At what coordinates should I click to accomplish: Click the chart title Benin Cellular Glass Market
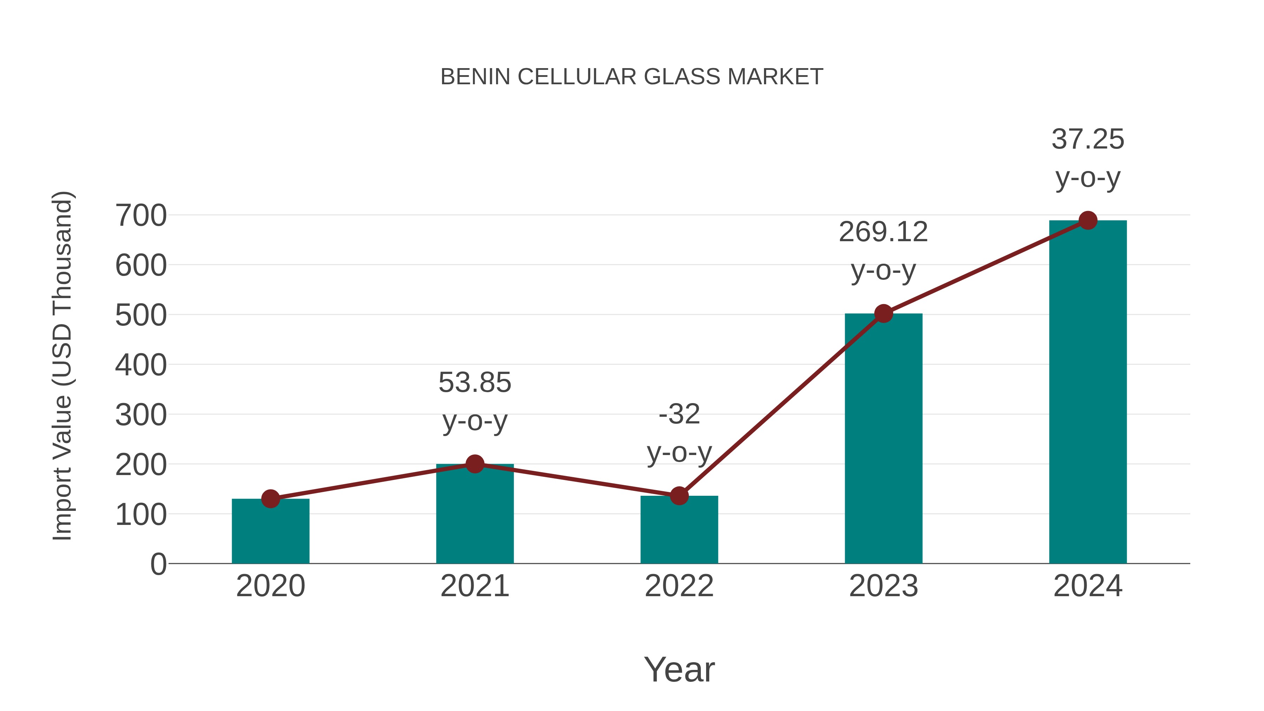(x=632, y=77)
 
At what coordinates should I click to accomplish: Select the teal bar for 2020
(x=270, y=532)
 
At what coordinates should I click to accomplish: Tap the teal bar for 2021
(x=474, y=515)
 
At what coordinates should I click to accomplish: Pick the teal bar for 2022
(x=679, y=531)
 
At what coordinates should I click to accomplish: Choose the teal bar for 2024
(x=1087, y=393)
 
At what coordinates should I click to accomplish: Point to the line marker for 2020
(x=270, y=499)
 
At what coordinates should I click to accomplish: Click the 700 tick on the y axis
(x=141, y=216)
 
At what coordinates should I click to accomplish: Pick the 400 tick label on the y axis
(x=141, y=365)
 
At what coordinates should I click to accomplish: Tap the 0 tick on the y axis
(x=158, y=564)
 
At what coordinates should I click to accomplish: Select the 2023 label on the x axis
(x=883, y=586)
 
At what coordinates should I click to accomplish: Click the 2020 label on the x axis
(x=270, y=586)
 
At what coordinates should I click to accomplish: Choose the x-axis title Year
(x=679, y=670)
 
